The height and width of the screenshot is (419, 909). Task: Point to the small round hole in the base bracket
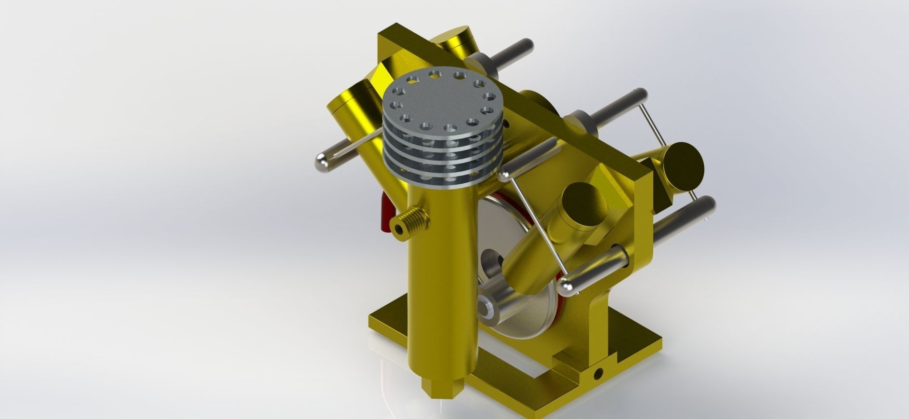[x=598, y=373]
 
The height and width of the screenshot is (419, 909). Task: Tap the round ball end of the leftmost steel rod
[x=322, y=162]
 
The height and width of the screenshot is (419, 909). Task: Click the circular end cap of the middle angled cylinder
[x=584, y=205]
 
